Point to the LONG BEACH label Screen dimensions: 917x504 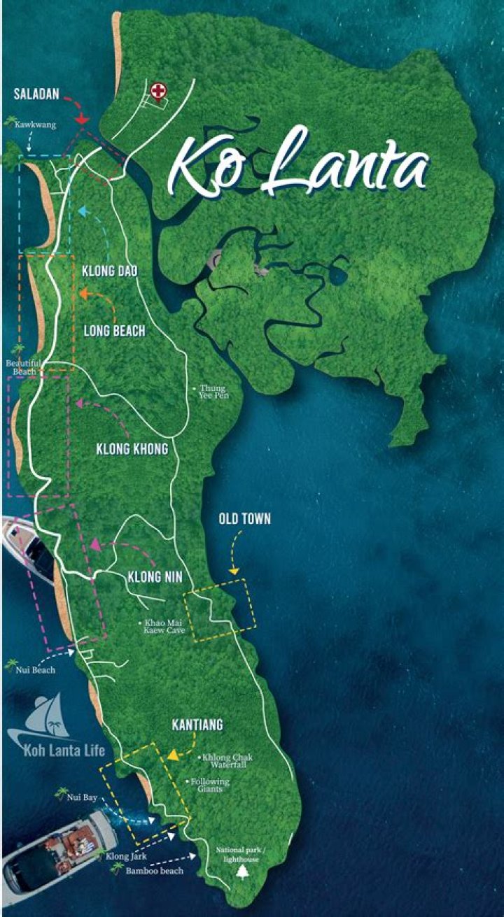pyautogui.click(x=115, y=331)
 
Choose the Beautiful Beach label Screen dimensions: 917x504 pyautogui.click(x=23, y=367)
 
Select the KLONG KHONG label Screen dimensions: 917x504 pyautogui.click(x=132, y=449)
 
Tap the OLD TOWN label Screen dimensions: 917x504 pyautogui.click(x=244, y=519)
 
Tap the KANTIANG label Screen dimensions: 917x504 pyautogui.click(x=197, y=725)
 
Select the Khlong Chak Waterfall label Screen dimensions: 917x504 pyautogui.click(x=227, y=761)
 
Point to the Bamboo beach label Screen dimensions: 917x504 pyautogui.click(x=155, y=871)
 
